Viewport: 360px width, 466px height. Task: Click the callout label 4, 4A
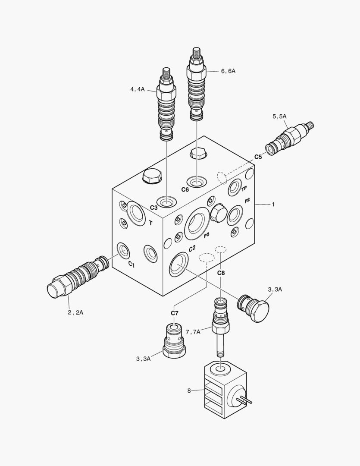(138, 90)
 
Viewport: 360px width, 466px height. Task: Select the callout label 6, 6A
(228, 71)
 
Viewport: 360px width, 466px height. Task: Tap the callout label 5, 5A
(279, 116)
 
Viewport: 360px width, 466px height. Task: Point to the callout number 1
(273, 204)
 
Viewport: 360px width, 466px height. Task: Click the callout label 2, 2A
(75, 312)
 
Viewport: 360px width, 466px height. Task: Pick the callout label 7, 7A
(193, 331)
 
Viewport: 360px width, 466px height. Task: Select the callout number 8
(189, 391)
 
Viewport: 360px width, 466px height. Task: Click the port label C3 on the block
(154, 208)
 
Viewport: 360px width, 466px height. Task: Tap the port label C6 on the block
(185, 189)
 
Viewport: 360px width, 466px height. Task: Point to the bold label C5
(258, 157)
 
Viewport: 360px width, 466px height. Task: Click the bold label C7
(175, 312)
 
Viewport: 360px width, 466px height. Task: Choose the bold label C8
(221, 273)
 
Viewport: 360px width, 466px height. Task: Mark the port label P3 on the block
(207, 235)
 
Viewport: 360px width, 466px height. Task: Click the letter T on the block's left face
(150, 223)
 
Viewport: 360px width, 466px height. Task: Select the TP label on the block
(244, 189)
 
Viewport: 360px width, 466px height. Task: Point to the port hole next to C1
(123, 250)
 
